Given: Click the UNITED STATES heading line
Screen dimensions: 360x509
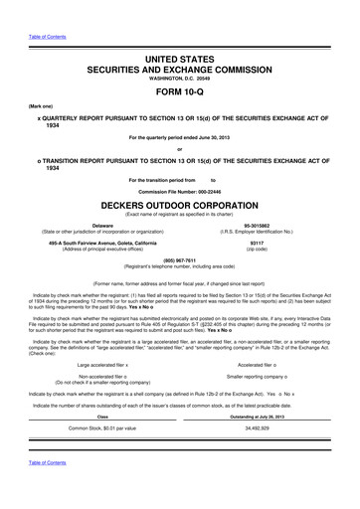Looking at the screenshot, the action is click(x=179, y=61).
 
